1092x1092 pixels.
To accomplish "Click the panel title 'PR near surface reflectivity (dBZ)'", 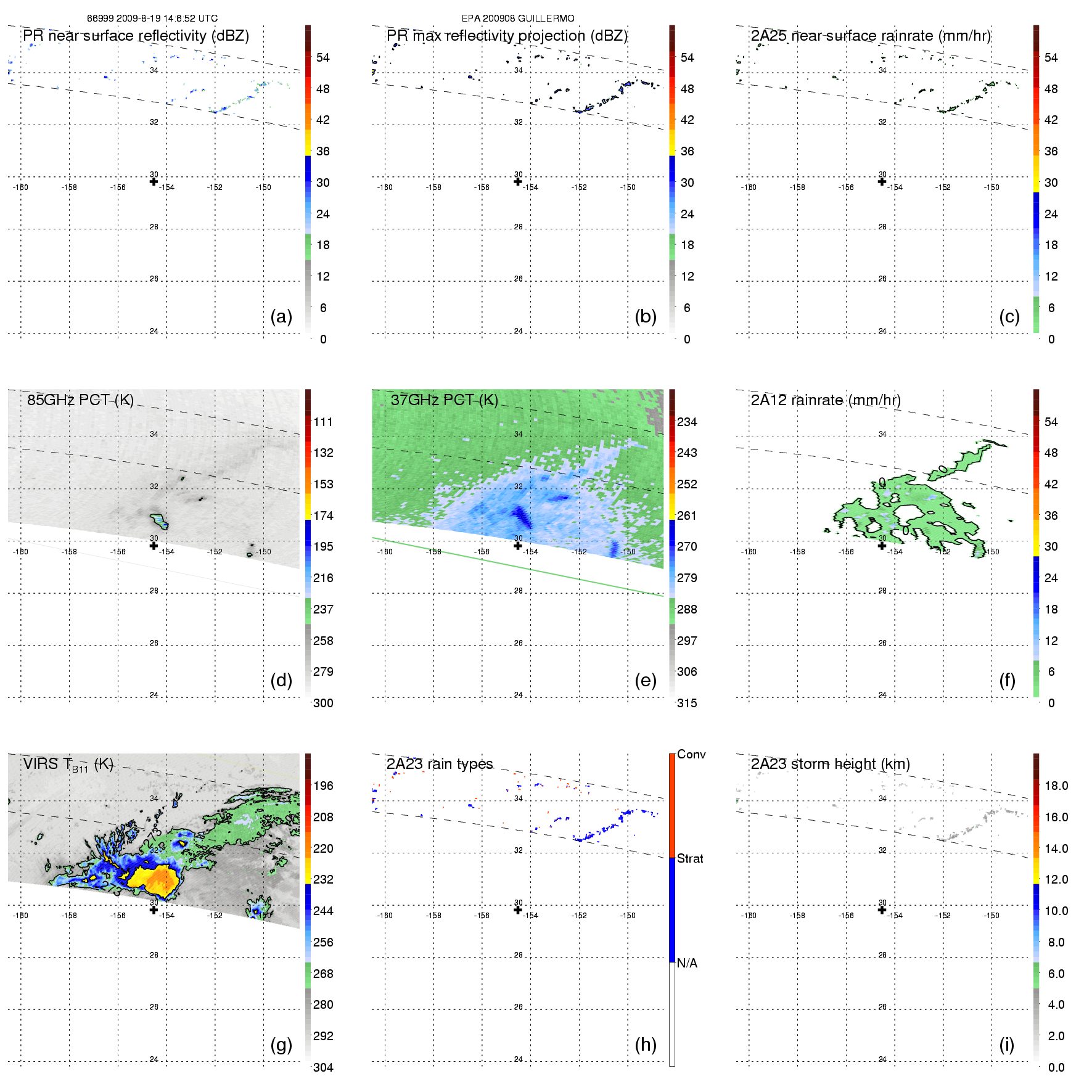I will point(136,36).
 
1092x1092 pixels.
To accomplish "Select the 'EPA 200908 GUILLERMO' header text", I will point(518,18).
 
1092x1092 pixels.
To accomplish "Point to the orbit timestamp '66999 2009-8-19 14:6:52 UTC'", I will point(152,18).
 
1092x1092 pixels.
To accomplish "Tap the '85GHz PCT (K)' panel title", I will point(80,400).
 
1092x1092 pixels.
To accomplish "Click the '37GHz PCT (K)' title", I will point(444,400).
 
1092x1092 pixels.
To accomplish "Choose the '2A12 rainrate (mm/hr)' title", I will point(826,400).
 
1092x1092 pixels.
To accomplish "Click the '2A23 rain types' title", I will point(440,764).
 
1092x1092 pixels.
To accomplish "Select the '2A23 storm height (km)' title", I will point(830,764).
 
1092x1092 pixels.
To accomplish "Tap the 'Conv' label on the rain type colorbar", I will point(691,754).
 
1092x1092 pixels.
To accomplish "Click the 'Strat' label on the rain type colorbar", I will point(690,858).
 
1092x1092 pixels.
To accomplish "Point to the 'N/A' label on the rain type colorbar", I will point(687,963).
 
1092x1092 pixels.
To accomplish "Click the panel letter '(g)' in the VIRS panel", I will point(281,1045).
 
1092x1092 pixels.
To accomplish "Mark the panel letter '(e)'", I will point(646,681).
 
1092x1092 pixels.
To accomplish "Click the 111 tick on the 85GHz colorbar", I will point(323,422).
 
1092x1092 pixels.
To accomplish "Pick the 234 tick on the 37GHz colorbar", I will point(687,422).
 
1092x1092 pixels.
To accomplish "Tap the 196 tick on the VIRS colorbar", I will point(323,786).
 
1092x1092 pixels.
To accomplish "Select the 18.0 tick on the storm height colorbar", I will point(1056,786).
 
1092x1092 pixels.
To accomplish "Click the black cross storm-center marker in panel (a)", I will point(154,181).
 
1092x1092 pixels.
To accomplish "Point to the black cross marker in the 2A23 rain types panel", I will point(518,910).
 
